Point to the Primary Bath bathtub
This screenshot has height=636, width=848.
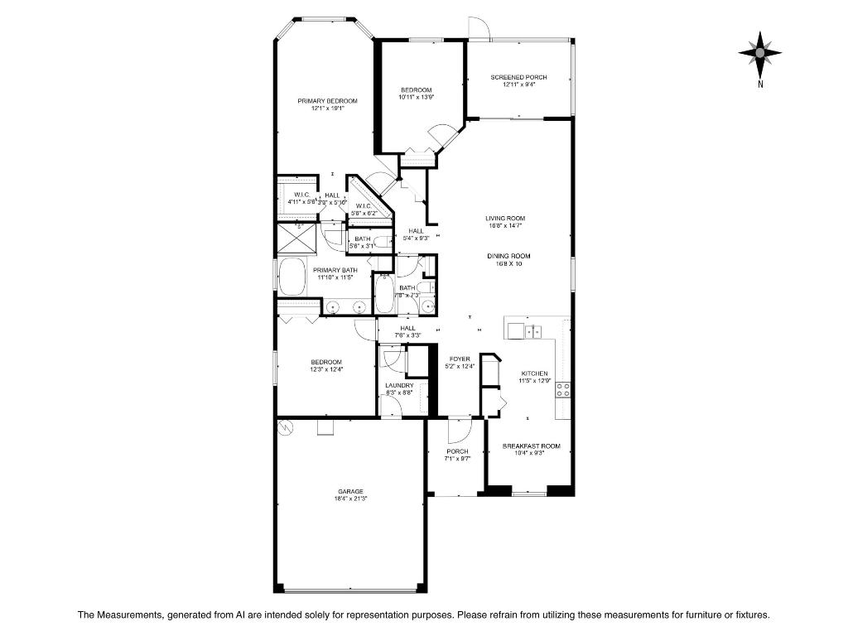point(292,277)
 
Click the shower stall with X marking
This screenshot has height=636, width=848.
point(296,238)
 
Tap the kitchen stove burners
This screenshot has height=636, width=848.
point(562,388)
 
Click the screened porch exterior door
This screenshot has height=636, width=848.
point(479,27)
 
